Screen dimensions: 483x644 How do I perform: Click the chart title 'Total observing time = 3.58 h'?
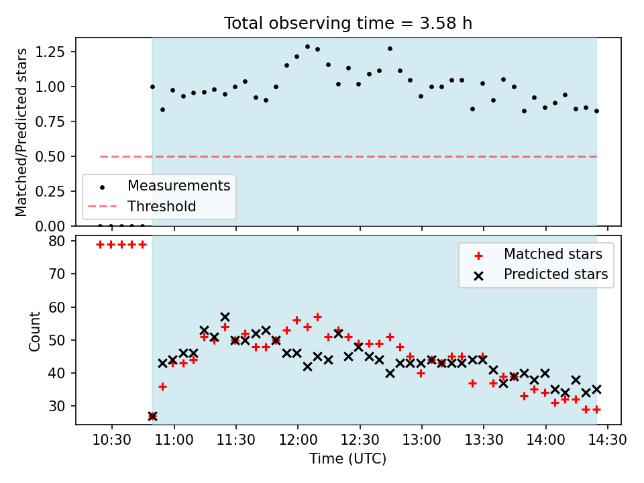pos(348,23)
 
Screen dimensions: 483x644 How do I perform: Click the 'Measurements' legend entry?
pos(178,185)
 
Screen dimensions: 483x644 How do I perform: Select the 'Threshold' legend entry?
pos(162,206)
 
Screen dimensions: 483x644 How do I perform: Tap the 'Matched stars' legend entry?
pos(553,254)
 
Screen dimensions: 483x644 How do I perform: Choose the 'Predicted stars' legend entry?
pos(555,274)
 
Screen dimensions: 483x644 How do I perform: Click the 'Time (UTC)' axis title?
pos(347,459)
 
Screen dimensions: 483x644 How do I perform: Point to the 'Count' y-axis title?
pos(34,331)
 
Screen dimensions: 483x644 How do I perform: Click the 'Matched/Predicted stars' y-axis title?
pos(21,132)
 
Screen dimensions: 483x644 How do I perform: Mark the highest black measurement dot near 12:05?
pos(307,47)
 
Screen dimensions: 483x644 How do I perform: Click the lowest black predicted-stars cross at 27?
pos(152,416)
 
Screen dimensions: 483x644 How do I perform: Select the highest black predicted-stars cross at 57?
pos(225,317)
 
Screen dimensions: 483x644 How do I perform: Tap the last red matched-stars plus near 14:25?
pos(596,409)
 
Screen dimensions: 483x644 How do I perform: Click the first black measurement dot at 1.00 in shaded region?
pos(152,87)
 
